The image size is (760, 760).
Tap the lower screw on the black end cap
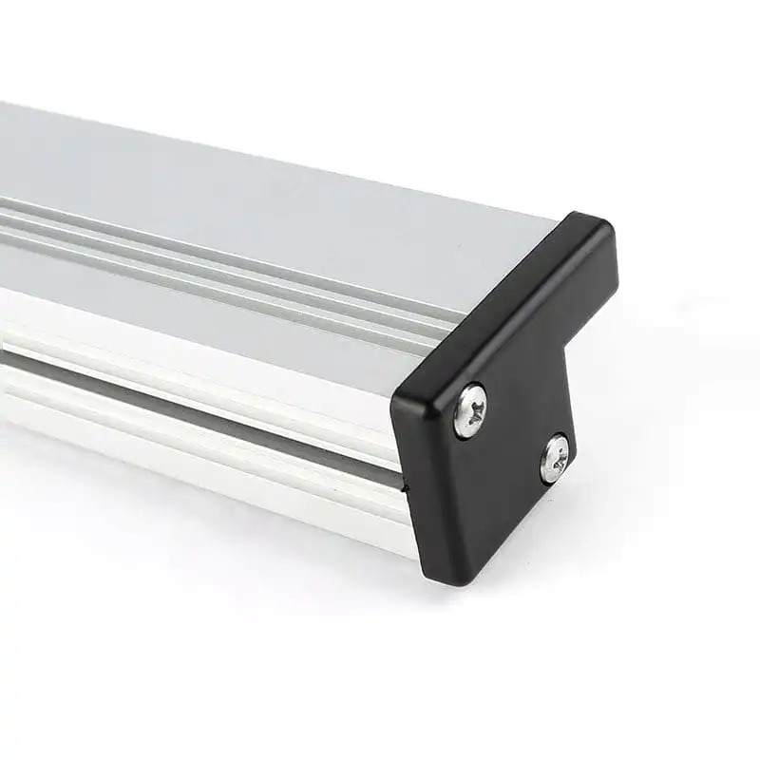tap(555, 458)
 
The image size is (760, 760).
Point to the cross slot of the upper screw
tap(470, 409)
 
